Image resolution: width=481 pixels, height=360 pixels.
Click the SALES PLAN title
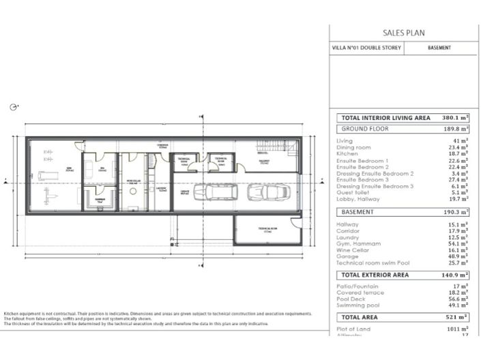tap(404, 32)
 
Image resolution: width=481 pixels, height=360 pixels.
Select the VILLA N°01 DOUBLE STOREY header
tap(365, 48)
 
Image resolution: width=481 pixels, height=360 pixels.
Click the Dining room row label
tap(354, 147)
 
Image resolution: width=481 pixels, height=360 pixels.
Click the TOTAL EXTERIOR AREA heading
tap(375, 275)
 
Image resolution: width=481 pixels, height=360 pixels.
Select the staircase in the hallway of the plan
tap(268, 146)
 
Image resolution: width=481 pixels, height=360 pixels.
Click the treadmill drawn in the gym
tap(48, 175)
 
